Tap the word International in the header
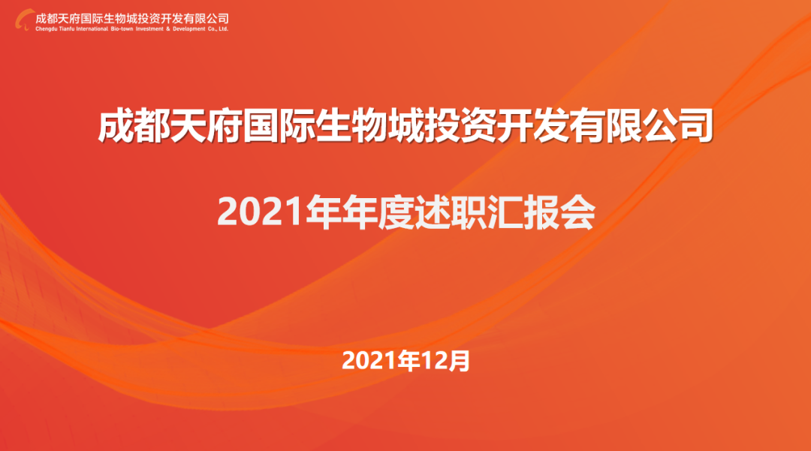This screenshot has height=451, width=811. pos(92,29)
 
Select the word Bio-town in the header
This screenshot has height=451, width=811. pos(122,29)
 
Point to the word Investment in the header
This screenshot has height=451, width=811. pos(149,29)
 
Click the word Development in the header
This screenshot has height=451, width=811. pos(188,29)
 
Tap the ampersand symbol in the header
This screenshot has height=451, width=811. pos(168,29)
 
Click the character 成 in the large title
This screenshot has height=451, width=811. pos(116,125)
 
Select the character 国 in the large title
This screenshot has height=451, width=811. pos(261,125)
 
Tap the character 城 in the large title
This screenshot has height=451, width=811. pos(405,125)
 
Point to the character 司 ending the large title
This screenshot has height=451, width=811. pos(695,125)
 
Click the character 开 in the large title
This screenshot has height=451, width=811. pos(514,125)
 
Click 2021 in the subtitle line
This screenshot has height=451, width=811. pos(260,212)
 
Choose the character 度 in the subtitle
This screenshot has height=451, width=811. pos(395,212)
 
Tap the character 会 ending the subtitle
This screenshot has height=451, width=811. pos(577,212)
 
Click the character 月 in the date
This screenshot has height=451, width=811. pos(459,361)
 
